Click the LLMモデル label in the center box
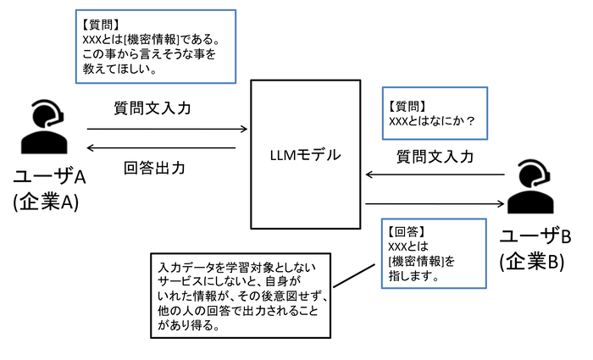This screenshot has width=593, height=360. click(305, 155)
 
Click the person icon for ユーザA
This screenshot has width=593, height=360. click(45, 127)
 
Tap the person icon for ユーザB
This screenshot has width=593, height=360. click(529, 186)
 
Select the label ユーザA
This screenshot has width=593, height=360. click(49, 176)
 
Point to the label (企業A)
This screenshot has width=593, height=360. click(46, 202)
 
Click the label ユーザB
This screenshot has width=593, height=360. click(535, 236)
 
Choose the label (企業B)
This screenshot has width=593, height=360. click(532, 261)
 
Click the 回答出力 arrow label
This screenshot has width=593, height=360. click(154, 168)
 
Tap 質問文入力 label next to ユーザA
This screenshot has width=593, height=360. click(152, 108)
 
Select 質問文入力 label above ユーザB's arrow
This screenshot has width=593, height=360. click(435, 157)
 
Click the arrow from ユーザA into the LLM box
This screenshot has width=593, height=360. click(167, 129)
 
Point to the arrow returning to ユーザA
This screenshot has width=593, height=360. click(162, 148)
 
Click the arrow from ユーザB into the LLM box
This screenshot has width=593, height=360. click(435, 174)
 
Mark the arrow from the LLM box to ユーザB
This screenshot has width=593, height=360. click(435, 204)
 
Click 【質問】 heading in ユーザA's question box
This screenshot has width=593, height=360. click(101, 25)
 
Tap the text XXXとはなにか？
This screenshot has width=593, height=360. click(431, 121)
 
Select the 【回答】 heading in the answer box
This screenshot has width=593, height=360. click(407, 231)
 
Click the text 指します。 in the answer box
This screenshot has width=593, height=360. click(413, 276)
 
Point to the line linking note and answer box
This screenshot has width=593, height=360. click(354, 275)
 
